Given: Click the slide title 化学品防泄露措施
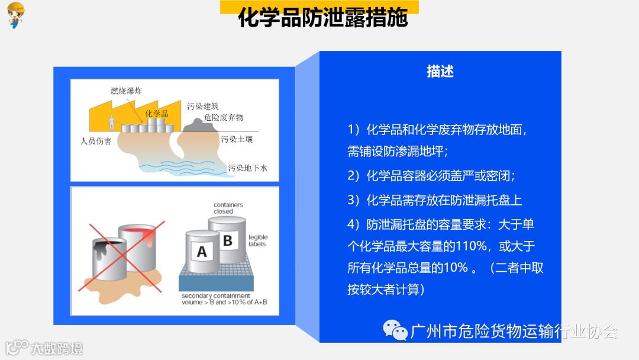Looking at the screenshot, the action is (323, 17).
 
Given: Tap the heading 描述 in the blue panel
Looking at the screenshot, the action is (440, 71).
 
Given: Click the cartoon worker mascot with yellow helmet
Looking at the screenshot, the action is (16, 15).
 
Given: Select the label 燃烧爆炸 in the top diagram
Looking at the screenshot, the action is (127, 91).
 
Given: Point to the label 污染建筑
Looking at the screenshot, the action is (203, 106).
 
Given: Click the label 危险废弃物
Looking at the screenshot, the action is (224, 117).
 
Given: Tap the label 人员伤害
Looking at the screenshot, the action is (96, 141).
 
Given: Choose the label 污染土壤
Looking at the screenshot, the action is (237, 139).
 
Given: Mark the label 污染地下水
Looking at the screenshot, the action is (248, 168).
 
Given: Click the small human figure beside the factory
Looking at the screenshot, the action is (112, 123).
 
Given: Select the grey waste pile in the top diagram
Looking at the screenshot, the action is (200, 125).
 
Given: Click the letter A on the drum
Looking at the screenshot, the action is (202, 252).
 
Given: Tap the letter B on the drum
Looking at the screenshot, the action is (228, 240).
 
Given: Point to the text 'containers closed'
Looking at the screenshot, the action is (228, 208).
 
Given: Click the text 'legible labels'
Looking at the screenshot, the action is (258, 240).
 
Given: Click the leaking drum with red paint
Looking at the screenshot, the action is (137, 247).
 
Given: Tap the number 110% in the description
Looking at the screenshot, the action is (471, 246).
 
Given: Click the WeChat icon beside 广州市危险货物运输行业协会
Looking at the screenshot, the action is (395, 330).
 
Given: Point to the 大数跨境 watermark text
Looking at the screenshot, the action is (57, 349).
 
